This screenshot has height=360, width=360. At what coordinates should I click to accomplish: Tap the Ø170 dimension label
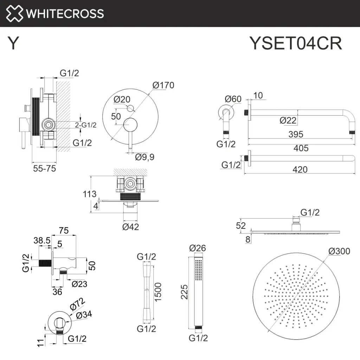(x=163, y=85)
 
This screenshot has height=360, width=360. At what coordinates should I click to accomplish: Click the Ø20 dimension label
(x=122, y=99)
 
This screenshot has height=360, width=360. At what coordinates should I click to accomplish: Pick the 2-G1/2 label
(x=86, y=125)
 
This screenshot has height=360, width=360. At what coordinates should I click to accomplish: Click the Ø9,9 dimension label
(x=145, y=157)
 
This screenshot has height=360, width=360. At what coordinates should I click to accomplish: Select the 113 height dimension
(x=90, y=194)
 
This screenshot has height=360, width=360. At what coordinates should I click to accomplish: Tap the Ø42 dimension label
(x=130, y=227)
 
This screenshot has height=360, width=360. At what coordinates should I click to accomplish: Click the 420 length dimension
(x=300, y=169)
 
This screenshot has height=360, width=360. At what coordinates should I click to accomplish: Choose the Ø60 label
(x=233, y=99)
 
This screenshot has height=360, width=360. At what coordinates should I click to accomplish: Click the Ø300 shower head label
(x=339, y=251)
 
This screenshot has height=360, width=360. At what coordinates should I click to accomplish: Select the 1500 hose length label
(x=159, y=292)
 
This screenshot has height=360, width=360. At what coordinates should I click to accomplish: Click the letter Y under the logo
(x=13, y=44)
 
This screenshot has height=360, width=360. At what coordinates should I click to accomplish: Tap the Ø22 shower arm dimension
(x=288, y=120)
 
